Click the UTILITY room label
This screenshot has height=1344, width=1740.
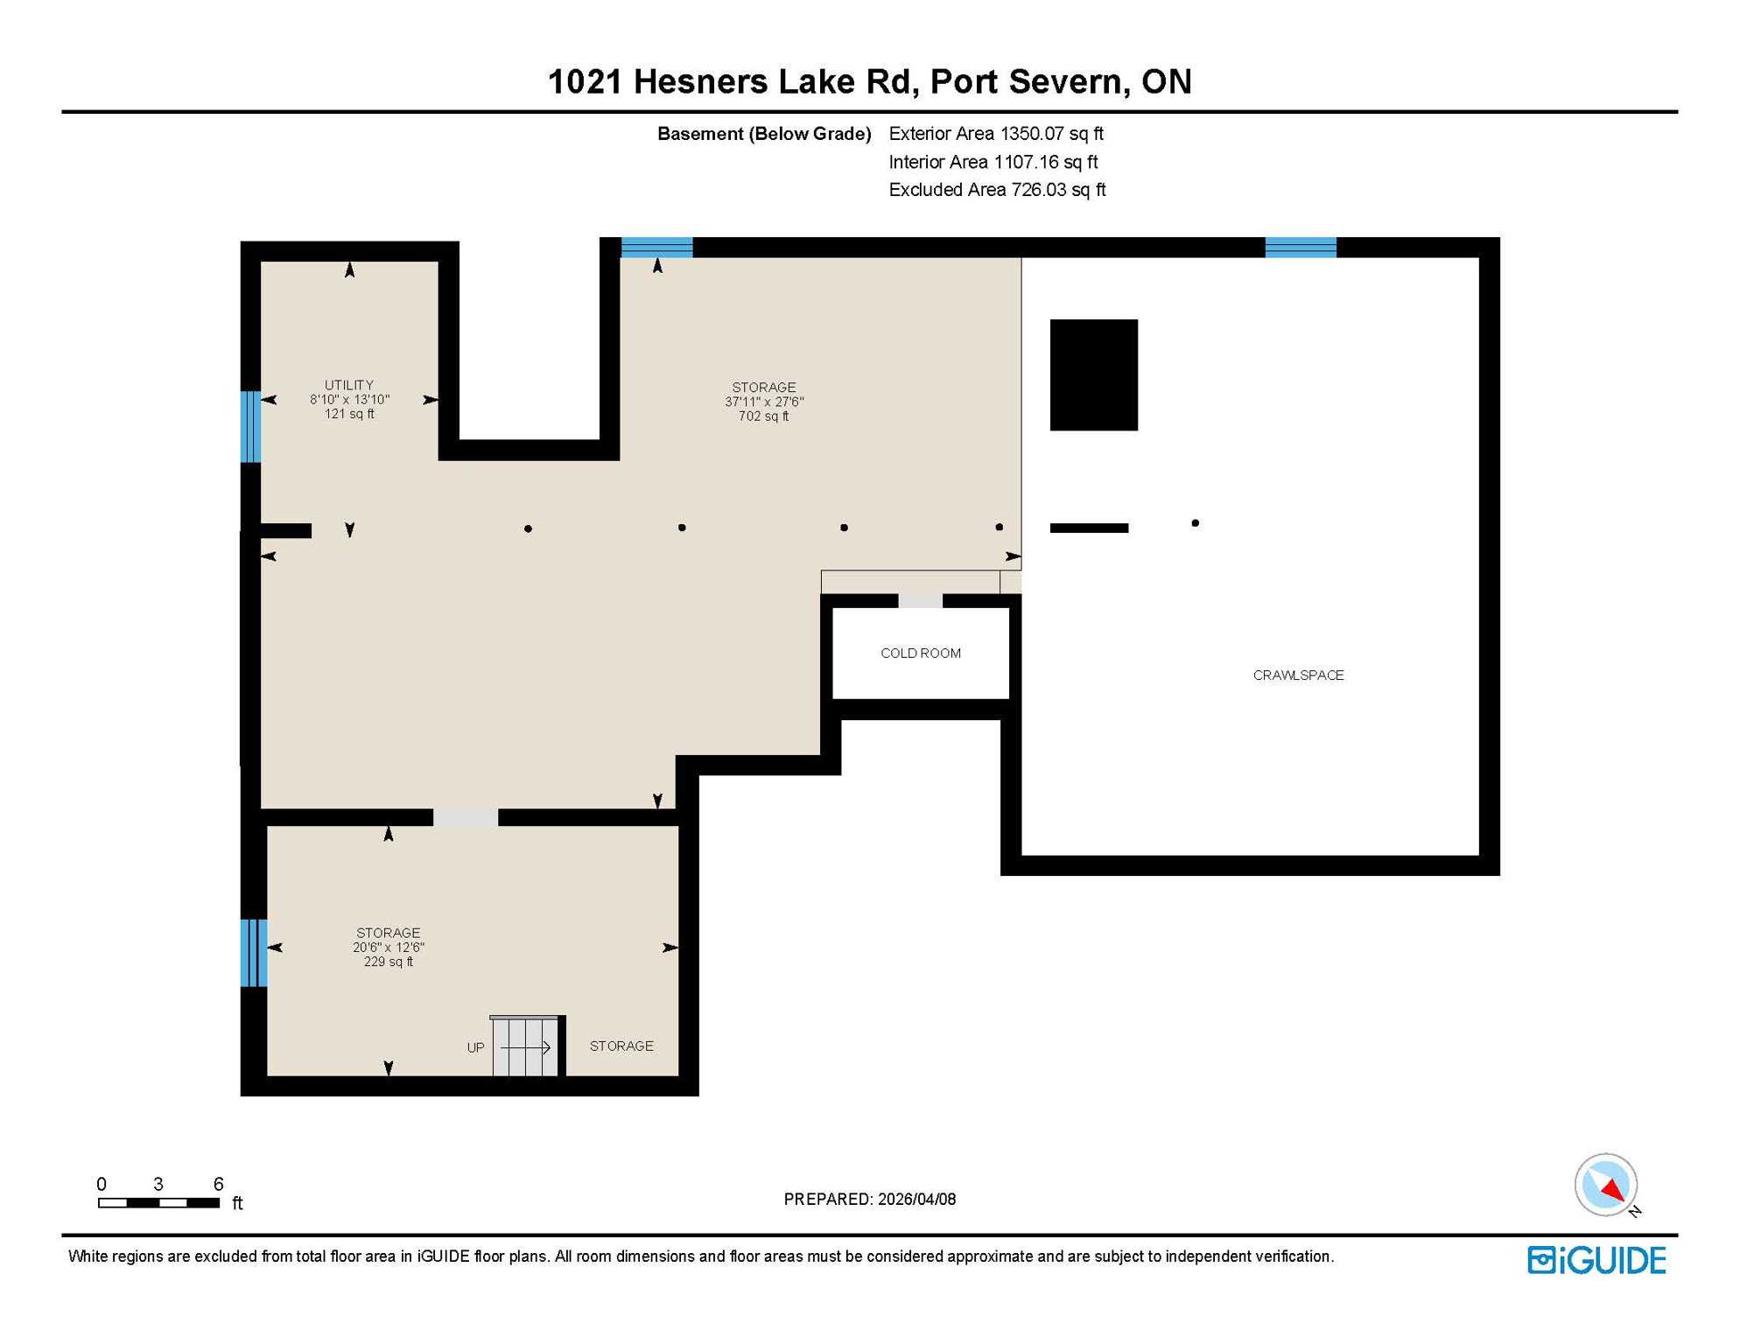pyautogui.click(x=348, y=385)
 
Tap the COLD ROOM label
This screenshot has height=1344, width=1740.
pyautogui.click(x=920, y=654)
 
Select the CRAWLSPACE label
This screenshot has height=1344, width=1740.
pyautogui.click(x=1298, y=675)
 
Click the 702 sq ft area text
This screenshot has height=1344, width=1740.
pyautogui.click(x=763, y=416)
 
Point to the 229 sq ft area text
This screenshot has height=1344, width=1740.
pyautogui.click(x=388, y=962)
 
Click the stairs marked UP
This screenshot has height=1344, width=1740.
pyautogui.click(x=524, y=1046)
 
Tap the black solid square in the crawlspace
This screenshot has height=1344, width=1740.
pyautogui.click(x=1093, y=374)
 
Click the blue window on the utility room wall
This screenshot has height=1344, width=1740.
pyautogui.click(x=250, y=426)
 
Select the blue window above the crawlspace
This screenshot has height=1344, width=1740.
pyautogui.click(x=1300, y=248)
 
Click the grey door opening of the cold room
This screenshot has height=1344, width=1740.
pyautogui.click(x=920, y=601)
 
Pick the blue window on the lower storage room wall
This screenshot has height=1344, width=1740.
pyautogui.click(x=254, y=953)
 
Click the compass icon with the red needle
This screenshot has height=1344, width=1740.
pyautogui.click(x=1605, y=1185)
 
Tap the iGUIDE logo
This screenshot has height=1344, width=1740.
pyautogui.click(x=1596, y=1260)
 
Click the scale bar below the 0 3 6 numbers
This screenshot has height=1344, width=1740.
pyautogui.click(x=158, y=1203)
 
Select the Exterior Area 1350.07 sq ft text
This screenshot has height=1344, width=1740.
pyautogui.click(x=995, y=134)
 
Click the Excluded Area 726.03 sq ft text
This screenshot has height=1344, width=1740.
pyautogui.click(x=996, y=190)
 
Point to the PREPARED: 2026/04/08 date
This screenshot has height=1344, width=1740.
pyautogui.click(x=869, y=1200)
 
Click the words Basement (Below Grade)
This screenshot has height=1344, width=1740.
pyautogui.click(x=763, y=134)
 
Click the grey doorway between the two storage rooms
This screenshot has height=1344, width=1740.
pyautogui.click(x=466, y=817)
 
